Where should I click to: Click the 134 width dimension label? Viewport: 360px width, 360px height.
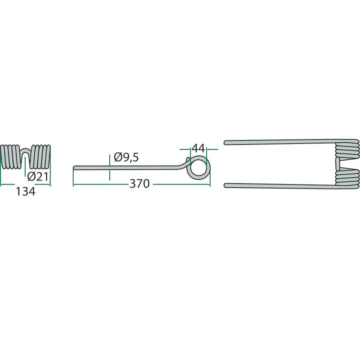26,192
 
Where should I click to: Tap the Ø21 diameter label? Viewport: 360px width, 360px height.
38,176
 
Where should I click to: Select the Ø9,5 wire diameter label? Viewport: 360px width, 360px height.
126,157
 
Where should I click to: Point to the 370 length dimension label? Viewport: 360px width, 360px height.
139,184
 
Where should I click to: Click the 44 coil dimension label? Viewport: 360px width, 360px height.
198,149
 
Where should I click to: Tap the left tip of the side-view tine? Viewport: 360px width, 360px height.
74,168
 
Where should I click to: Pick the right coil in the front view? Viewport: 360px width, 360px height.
40,157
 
